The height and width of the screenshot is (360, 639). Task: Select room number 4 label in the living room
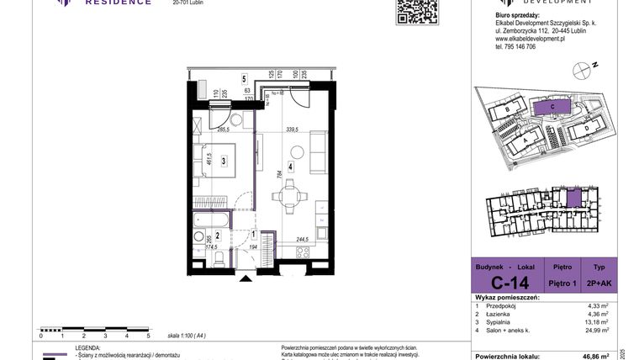[290, 167]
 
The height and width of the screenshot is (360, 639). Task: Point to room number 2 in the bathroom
[217, 237]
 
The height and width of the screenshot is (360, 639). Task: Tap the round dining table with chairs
[289, 199]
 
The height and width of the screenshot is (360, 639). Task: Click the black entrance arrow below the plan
[245, 277]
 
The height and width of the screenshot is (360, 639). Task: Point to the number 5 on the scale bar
[148, 335]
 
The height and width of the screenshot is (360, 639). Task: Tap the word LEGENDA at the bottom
[91, 347]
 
